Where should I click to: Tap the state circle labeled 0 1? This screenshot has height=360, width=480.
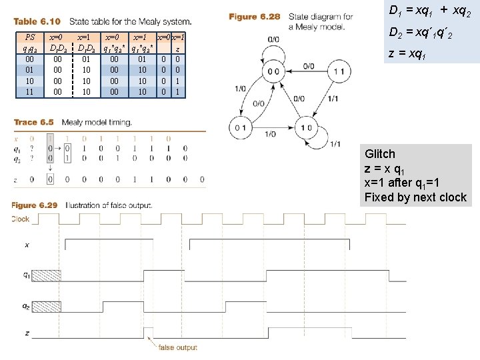241,127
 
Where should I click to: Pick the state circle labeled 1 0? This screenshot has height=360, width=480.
307,127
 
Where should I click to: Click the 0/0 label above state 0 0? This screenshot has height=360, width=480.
273,39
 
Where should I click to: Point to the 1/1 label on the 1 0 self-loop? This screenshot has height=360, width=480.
335,144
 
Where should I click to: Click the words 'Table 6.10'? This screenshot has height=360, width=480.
37,23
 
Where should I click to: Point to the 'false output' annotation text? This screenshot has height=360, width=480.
178,347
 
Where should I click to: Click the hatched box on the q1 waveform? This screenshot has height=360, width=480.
46,274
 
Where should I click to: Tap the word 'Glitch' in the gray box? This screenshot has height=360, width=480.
380,153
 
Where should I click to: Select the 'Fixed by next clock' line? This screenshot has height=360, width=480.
415,197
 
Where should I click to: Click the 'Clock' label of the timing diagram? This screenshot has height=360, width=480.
20,219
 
